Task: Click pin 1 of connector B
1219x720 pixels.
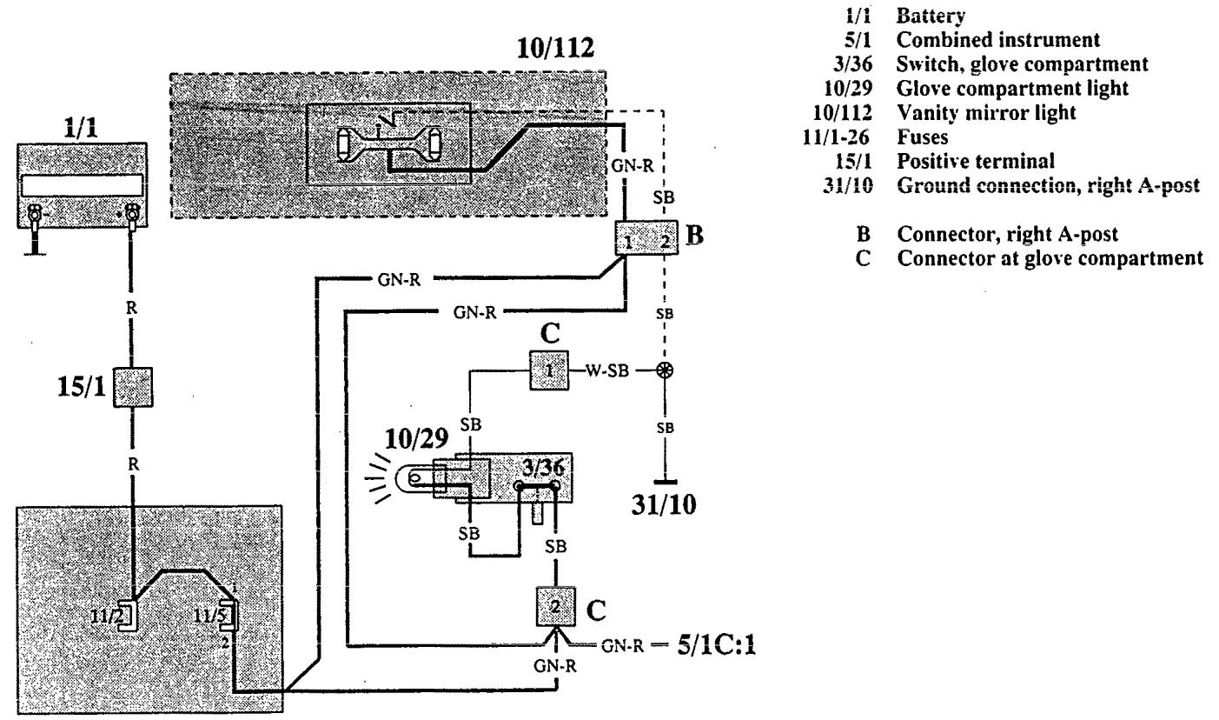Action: [627, 243]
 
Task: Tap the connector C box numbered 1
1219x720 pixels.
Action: [548, 370]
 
